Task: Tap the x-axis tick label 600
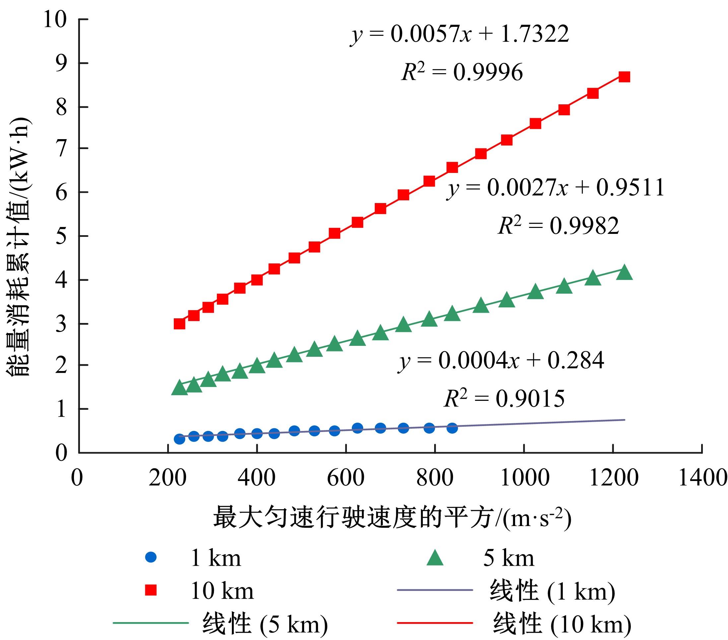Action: [x=346, y=477]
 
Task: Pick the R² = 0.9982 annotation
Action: [x=558, y=226]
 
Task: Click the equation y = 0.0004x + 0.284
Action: [x=501, y=361]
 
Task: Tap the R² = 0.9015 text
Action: [x=504, y=399]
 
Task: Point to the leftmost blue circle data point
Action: [x=179, y=439]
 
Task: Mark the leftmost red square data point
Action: [x=179, y=324]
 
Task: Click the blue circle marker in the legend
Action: [x=151, y=557]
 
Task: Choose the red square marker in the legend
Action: [x=151, y=591]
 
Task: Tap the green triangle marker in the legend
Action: [x=435, y=557]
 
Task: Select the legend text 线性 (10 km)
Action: [x=562, y=624]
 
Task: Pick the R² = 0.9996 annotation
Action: [x=462, y=73]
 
